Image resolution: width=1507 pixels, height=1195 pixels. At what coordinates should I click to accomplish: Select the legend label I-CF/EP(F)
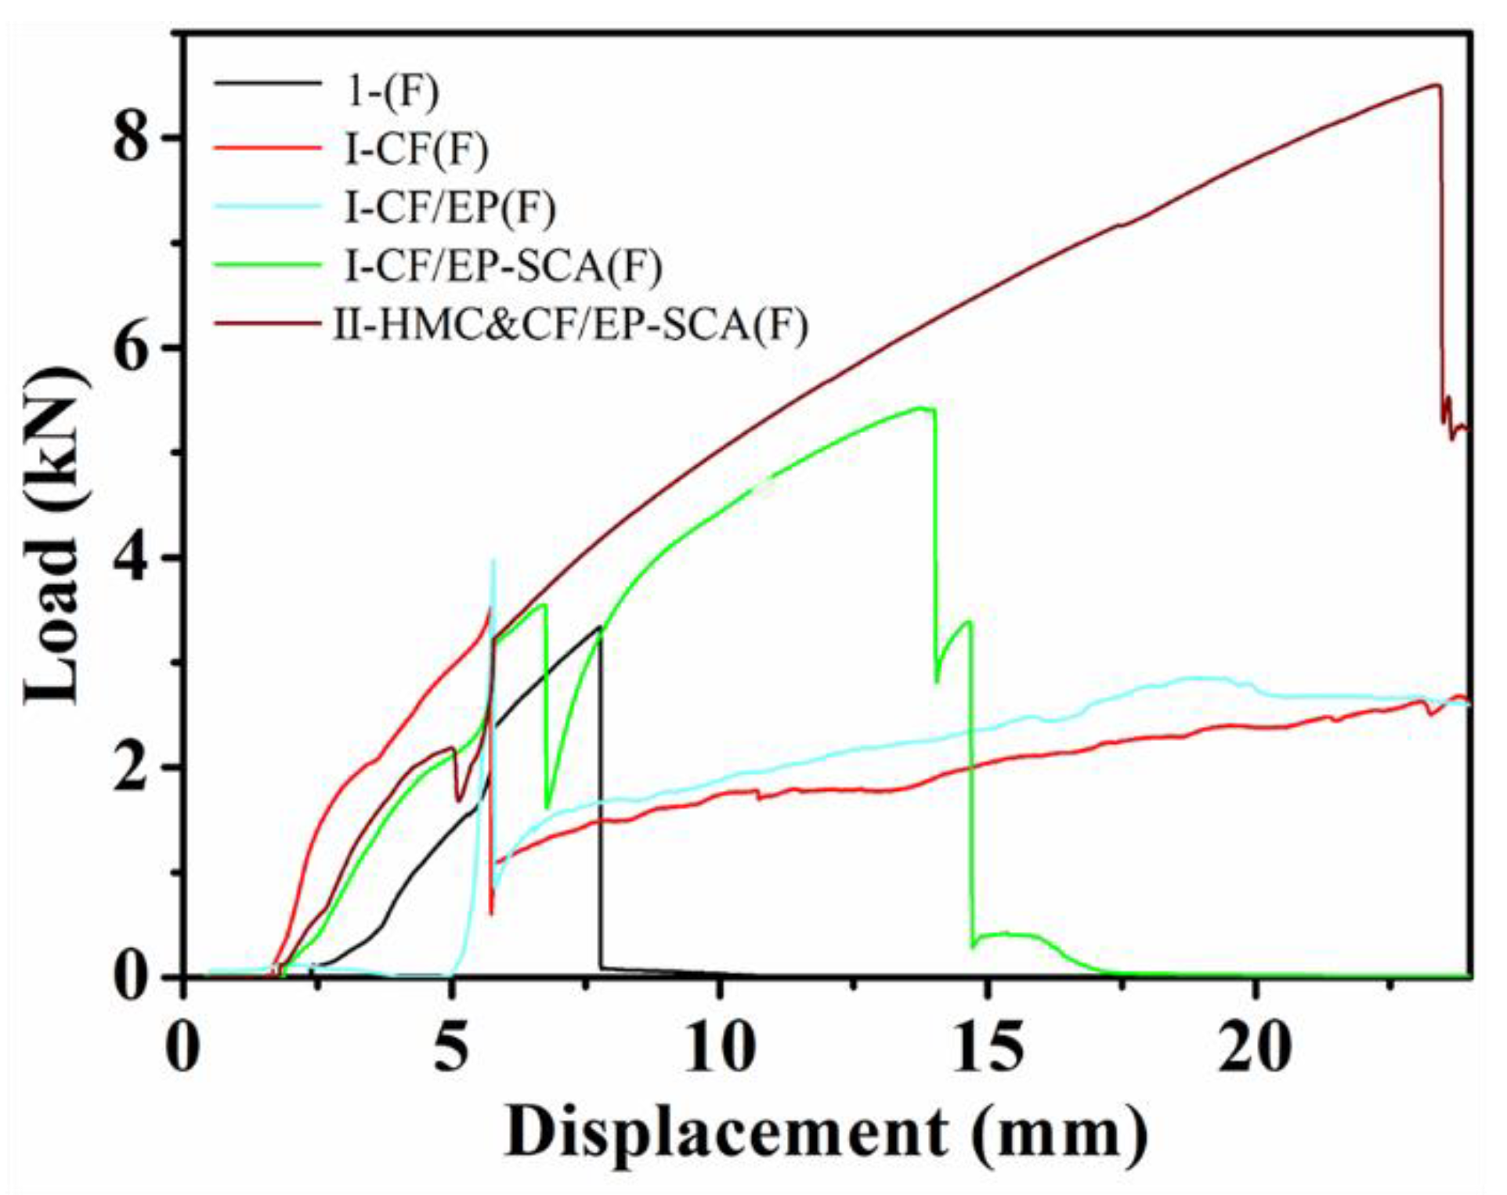(x=450, y=208)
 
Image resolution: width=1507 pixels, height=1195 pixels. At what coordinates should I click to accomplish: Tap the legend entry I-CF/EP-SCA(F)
(x=504, y=266)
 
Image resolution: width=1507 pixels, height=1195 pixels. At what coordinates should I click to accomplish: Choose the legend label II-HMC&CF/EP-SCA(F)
(x=571, y=324)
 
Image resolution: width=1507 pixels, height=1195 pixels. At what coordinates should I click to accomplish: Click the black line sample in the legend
(x=269, y=83)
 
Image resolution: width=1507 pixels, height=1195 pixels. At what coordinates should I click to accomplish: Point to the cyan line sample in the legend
(x=269, y=206)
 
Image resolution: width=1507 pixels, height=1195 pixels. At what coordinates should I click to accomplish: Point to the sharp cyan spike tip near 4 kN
(x=493, y=561)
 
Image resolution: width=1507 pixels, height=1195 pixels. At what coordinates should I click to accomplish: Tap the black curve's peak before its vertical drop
(x=599, y=626)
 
